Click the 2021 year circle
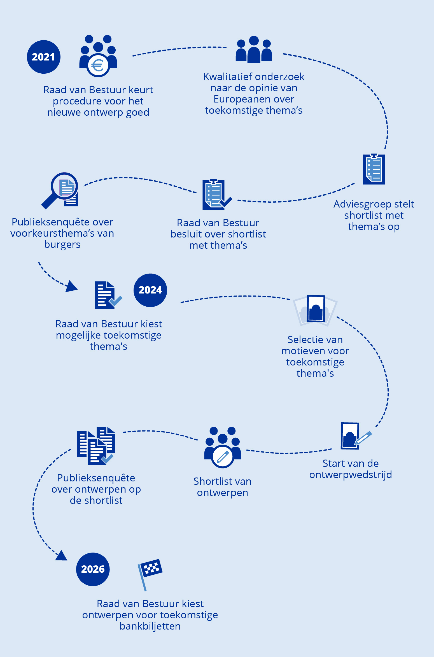click(x=44, y=57)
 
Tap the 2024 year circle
click(x=150, y=290)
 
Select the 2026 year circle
click(x=93, y=569)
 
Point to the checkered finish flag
click(x=150, y=574)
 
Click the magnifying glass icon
click(x=59, y=190)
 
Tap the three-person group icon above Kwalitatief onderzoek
click(x=254, y=49)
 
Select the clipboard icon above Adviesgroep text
click(x=374, y=169)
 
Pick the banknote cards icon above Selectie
click(x=315, y=310)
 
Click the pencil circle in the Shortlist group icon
click(x=223, y=456)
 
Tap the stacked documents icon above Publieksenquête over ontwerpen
click(x=96, y=446)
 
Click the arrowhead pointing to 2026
click(x=62, y=556)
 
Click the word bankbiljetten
click(x=150, y=626)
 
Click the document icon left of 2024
click(x=108, y=295)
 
